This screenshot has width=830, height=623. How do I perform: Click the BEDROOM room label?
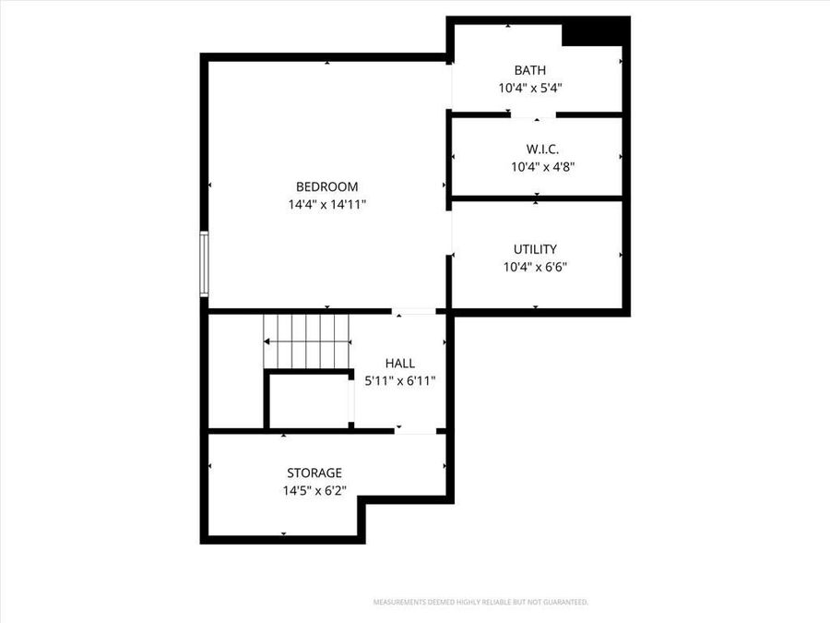click(x=326, y=186)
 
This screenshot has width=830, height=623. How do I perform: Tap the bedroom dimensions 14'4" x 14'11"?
click(x=326, y=205)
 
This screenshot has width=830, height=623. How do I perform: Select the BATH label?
click(x=530, y=70)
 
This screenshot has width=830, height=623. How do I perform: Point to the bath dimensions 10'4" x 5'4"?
click(x=530, y=89)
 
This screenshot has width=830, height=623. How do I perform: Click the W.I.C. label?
click(x=543, y=149)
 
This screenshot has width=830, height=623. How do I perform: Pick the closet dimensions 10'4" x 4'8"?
click(x=543, y=167)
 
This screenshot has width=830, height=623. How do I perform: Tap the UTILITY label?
click(x=535, y=249)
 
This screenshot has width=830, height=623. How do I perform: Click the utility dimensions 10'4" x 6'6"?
click(x=535, y=268)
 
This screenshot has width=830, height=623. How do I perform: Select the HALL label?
click(x=400, y=364)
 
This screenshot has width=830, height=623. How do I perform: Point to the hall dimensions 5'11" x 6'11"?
click(x=400, y=380)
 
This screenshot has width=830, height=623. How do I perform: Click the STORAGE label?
click(x=314, y=473)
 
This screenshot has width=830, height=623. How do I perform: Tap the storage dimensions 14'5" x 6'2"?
click(x=314, y=491)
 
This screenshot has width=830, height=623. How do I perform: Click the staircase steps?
click(x=308, y=341)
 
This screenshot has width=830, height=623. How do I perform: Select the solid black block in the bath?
click(x=595, y=32)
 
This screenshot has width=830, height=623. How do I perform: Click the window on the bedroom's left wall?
click(x=205, y=264)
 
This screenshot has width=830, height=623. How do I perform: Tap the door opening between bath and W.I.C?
click(x=533, y=115)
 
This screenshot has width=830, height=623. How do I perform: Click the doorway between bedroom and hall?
click(x=415, y=312)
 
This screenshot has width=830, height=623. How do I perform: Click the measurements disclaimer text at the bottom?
click(x=480, y=603)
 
